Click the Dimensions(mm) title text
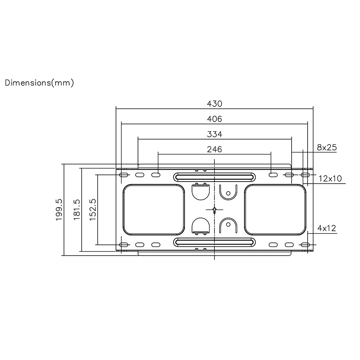click(39, 83)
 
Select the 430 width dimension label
click(214, 104)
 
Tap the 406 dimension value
click(214, 119)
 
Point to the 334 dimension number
click(214, 134)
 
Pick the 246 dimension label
click(214, 149)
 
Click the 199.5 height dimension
click(59, 210)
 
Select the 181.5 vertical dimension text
click(77, 210)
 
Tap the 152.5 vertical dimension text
click(92, 210)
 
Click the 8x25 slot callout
click(327, 147)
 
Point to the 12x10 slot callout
click(330, 178)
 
